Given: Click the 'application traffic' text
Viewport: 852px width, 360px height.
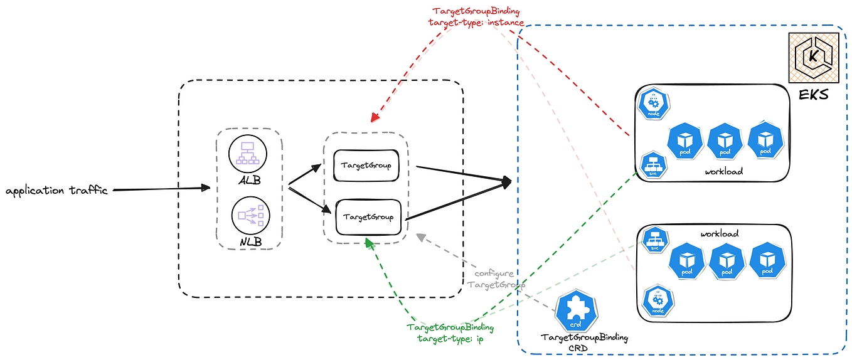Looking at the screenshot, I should [x=56, y=191].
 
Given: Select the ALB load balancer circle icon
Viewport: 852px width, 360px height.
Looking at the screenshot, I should [x=248, y=153].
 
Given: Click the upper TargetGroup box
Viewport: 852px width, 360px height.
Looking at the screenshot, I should [x=366, y=166].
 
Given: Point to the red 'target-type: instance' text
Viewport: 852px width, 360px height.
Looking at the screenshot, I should [x=478, y=23].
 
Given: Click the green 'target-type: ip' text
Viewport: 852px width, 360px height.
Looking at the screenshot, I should [x=450, y=339].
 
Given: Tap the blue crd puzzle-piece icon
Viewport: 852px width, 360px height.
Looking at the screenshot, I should [x=575, y=311].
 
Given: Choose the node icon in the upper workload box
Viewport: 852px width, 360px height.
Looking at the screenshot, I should [x=653, y=104].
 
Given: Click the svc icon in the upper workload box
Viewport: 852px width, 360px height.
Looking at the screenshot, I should [x=653, y=165].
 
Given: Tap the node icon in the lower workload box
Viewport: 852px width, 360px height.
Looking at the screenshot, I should [x=658, y=302].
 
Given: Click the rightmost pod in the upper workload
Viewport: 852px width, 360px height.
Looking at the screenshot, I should [x=765, y=142].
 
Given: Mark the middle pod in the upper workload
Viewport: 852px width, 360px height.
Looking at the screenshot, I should [x=725, y=142].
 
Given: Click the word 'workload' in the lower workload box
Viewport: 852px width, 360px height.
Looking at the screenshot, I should [x=719, y=233].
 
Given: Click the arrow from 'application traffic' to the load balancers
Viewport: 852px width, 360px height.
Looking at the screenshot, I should [x=160, y=188].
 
